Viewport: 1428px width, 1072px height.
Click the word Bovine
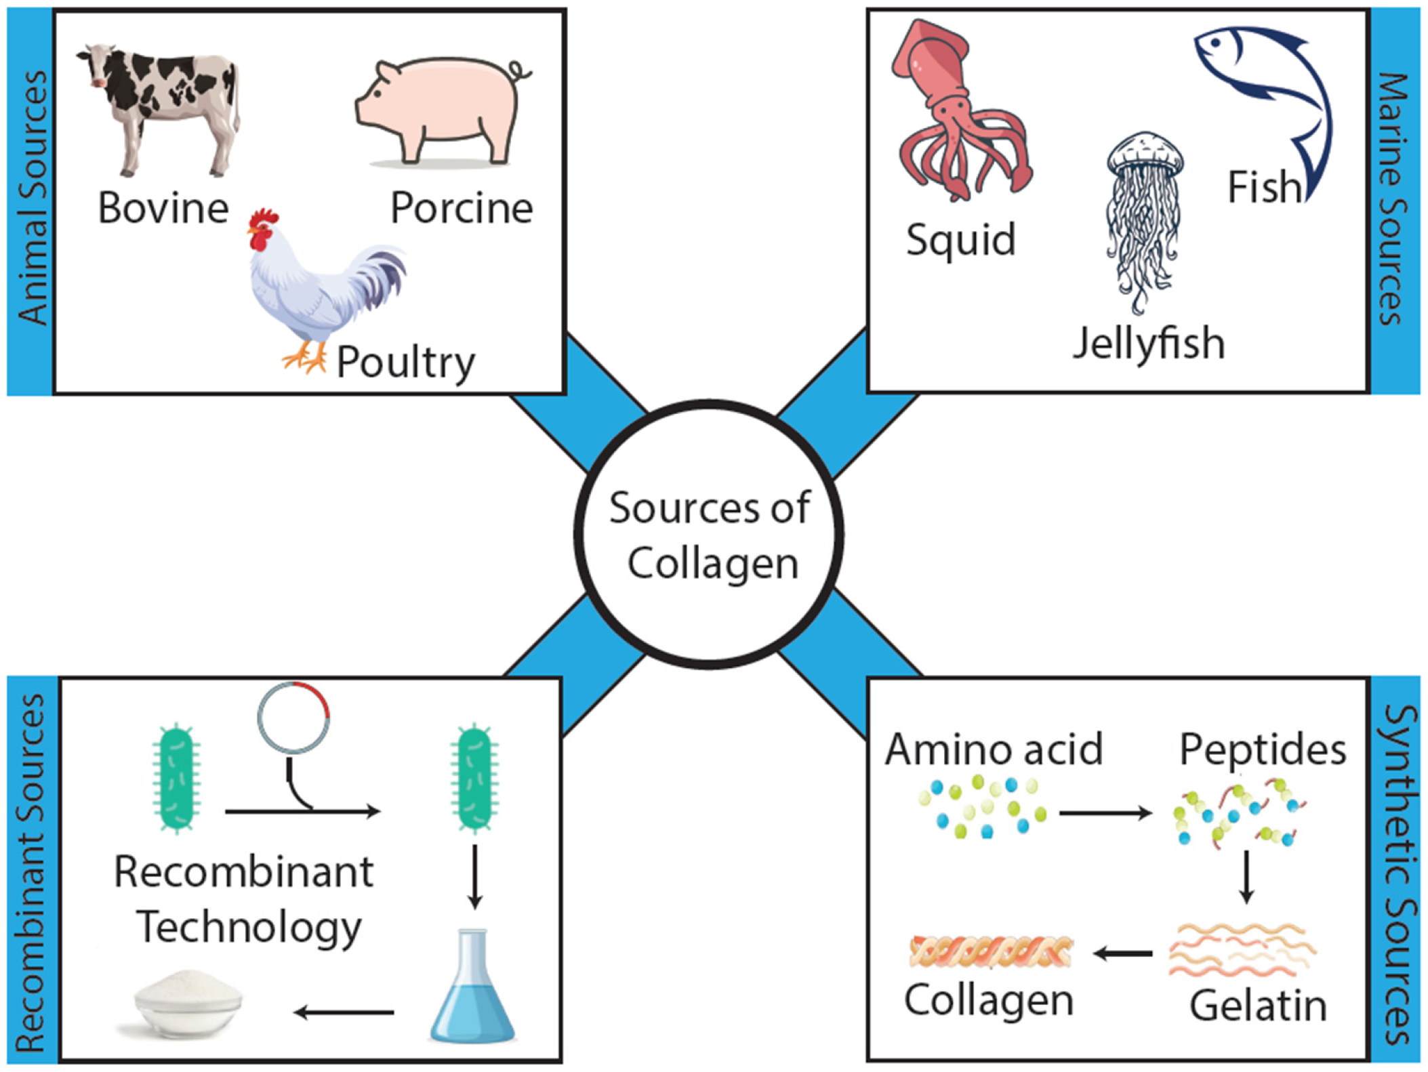163,208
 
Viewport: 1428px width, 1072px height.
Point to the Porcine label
462,208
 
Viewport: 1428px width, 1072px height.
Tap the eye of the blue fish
1216,43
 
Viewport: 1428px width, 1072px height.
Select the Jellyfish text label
1149,344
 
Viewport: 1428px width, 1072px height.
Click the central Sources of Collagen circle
709,535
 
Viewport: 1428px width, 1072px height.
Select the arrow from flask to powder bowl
344,1012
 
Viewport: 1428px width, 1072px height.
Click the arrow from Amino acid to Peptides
1105,812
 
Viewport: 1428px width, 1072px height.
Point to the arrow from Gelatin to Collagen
1123,953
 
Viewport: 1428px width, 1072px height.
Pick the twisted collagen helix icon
991,951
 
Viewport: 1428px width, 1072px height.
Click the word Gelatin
1258,1006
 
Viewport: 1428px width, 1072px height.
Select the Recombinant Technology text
244,899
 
